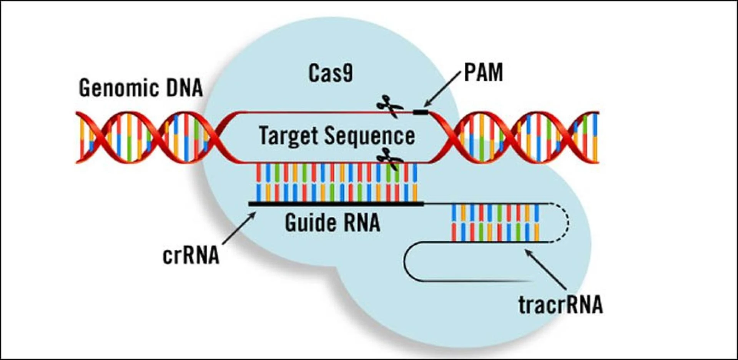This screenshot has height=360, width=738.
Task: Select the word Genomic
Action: tap(118, 88)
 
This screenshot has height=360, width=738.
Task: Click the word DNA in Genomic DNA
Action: tap(184, 88)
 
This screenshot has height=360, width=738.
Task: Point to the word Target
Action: tap(289, 136)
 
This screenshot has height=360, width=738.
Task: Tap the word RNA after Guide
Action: tap(361, 223)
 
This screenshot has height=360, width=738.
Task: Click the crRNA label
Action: tap(191, 255)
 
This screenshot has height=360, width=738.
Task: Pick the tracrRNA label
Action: tap(560, 305)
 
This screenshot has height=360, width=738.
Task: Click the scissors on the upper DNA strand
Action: tap(389, 106)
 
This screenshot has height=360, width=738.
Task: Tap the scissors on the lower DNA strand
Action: tap(389, 159)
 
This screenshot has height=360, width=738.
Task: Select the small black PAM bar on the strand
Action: tap(421, 112)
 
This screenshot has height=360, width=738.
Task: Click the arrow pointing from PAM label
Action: tap(442, 90)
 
